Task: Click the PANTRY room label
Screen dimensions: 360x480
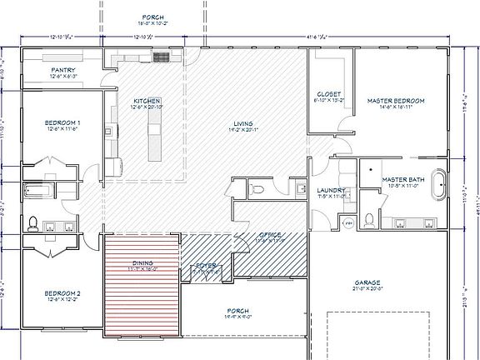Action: pyautogui.click(x=63, y=70)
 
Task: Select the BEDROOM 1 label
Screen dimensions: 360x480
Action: pyautogui.click(x=62, y=123)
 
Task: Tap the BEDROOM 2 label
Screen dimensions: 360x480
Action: pyautogui.click(x=62, y=293)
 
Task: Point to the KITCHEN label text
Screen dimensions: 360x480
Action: pyautogui.click(x=146, y=99)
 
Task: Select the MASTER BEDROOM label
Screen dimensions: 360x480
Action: pyautogui.click(x=396, y=101)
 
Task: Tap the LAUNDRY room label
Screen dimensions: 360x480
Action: pyautogui.click(x=331, y=190)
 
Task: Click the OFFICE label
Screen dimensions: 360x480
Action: pyautogui.click(x=270, y=236)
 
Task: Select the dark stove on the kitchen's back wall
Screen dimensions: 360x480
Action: pyautogui.click(x=161, y=57)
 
